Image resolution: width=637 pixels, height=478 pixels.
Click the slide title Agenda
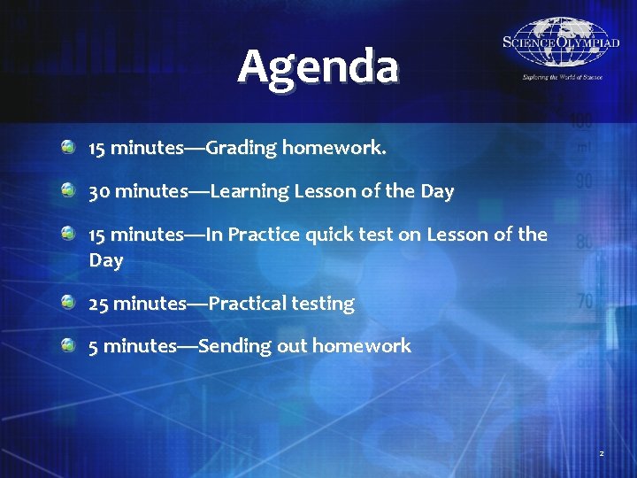pyautogui.click(x=318, y=66)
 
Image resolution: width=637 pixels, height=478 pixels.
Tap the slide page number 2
pyautogui.click(x=601, y=453)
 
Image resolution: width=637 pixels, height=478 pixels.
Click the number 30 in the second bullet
pyautogui.click(x=99, y=191)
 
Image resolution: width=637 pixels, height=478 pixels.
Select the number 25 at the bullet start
pyautogui.click(x=99, y=304)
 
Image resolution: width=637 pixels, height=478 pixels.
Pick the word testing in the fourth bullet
pyautogui.click(x=323, y=304)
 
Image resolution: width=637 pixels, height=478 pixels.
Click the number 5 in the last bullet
pyautogui.click(x=94, y=346)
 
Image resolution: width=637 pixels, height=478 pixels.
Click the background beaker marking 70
pyautogui.click(x=585, y=302)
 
